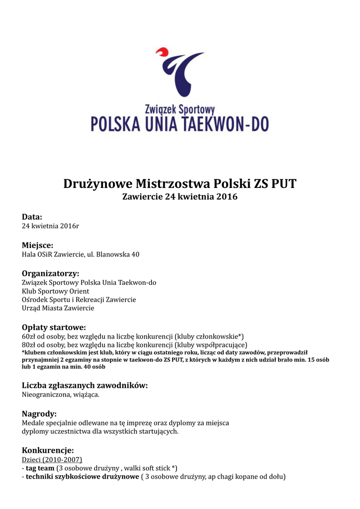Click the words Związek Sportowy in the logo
pos(180,108)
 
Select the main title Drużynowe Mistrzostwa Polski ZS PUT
pos(180,184)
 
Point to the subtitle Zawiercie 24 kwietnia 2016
pos(180,197)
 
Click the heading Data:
pos(32,217)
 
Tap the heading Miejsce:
pos(37,245)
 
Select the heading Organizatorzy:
pos(50,273)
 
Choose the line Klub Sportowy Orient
pos(55,291)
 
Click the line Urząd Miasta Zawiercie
pos(58,308)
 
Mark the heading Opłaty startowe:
pos(54,327)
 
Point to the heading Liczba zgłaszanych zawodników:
pos(85,385)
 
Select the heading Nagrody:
pos(39,414)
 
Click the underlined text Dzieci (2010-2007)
pos(52,460)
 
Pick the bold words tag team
pos(40,468)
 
